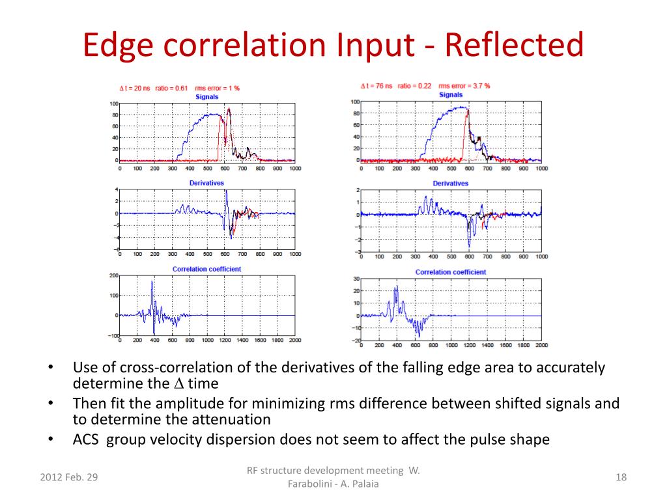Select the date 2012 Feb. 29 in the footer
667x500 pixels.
pos(69,477)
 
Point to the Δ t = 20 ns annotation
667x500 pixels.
pos(134,89)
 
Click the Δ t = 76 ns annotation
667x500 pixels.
pos(376,85)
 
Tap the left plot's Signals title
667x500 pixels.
pos(206,96)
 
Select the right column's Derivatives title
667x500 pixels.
pos(450,184)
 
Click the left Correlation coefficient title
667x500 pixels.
pos(206,269)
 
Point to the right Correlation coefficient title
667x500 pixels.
pos(450,272)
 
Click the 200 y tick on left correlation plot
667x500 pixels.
pos(113,275)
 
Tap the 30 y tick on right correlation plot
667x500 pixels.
pos(356,279)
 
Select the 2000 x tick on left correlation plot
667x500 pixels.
pos(294,340)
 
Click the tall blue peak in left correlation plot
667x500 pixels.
pos(152,283)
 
